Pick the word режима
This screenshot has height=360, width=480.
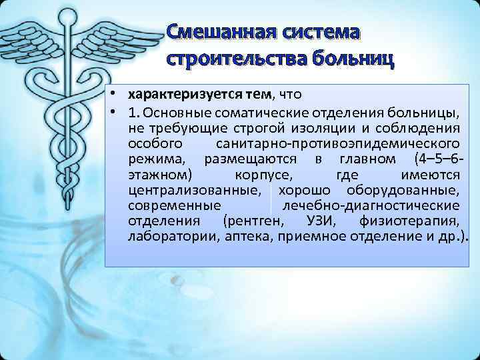click(x=157, y=159)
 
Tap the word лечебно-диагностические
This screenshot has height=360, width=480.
click(x=370, y=205)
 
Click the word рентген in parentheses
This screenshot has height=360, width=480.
click(x=255, y=221)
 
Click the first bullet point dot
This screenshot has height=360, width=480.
click(x=115, y=94)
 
